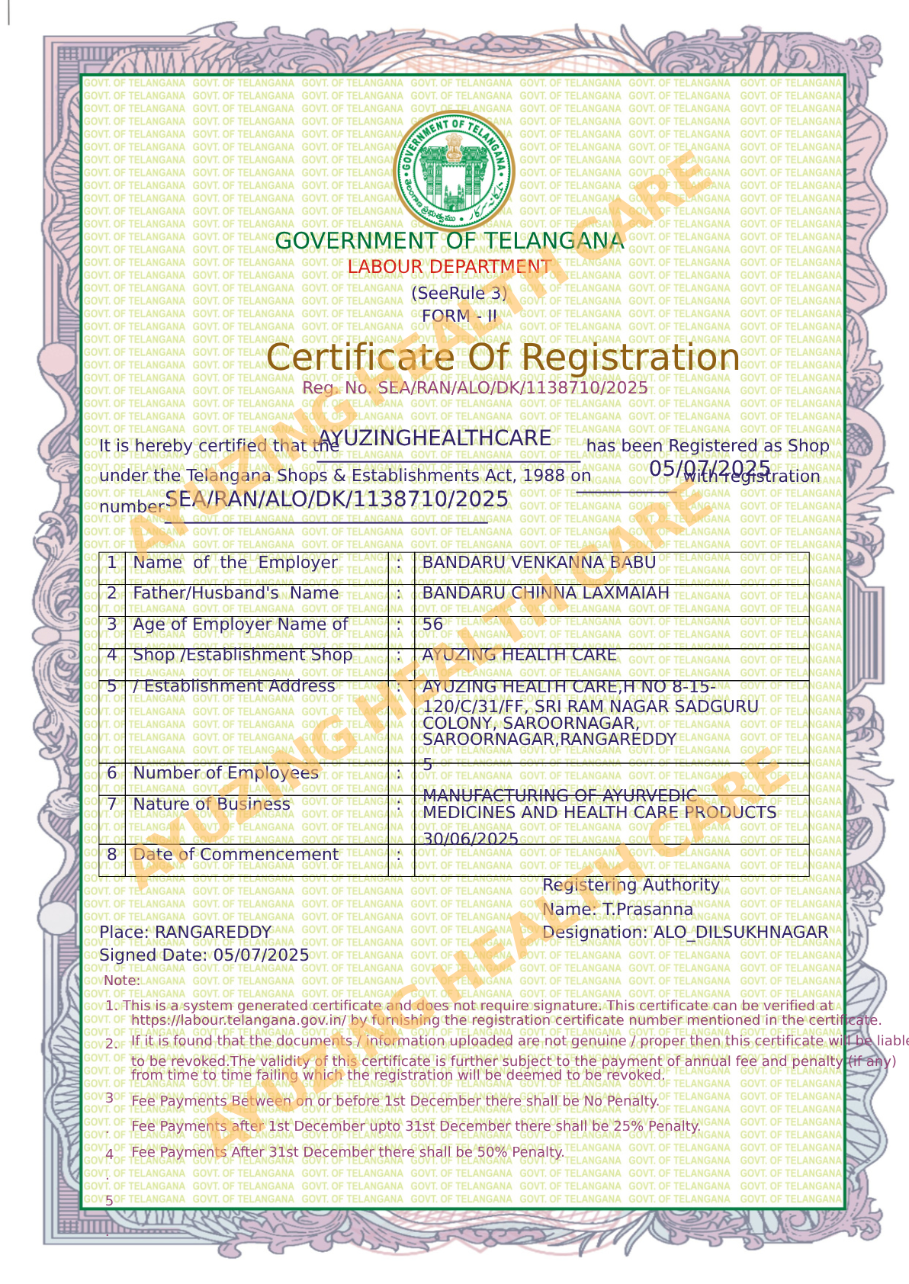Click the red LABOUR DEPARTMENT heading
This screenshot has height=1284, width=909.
[x=449, y=267]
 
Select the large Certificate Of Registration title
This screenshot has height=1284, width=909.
[x=503, y=358]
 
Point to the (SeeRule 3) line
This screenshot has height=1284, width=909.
[x=458, y=293]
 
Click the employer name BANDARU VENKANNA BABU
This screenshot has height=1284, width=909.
[x=538, y=563]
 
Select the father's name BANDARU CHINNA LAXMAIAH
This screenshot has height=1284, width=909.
[x=545, y=593]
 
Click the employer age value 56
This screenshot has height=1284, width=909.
[x=432, y=624]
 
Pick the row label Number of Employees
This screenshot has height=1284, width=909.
[x=225, y=773]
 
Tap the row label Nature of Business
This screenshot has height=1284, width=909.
[x=211, y=804]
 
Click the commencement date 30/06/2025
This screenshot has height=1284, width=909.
[x=471, y=839]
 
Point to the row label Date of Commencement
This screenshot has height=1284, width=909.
[x=235, y=855]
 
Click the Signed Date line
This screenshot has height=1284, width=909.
[x=204, y=955]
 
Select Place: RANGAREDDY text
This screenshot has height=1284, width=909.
[x=185, y=933]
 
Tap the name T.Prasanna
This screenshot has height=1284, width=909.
[x=647, y=910]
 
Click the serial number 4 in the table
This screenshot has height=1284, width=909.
[x=111, y=655]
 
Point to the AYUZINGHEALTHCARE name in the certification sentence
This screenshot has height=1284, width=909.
[x=435, y=438]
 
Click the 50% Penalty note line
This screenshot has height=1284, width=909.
[x=347, y=1152]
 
